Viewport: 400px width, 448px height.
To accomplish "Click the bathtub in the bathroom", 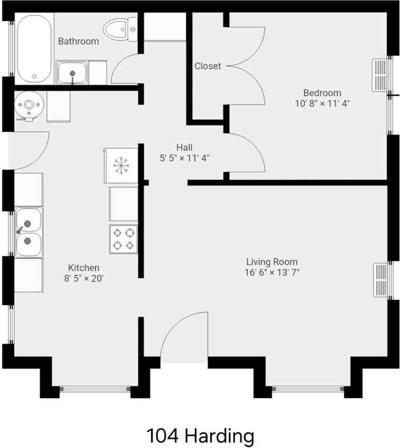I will (34, 49).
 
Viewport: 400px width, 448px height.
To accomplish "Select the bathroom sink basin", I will (72, 73).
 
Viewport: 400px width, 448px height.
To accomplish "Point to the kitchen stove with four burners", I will (123, 238).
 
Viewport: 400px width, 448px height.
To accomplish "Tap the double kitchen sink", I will (28, 232).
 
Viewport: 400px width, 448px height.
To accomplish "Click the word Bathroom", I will (79, 41).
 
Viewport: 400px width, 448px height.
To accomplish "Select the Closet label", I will (208, 66).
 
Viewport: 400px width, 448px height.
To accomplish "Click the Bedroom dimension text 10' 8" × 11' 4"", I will (322, 103).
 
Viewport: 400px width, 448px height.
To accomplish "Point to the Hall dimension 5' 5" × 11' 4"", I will (184, 158).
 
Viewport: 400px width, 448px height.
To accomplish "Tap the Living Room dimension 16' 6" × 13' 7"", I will (272, 272).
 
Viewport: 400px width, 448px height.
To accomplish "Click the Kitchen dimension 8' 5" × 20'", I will (84, 278).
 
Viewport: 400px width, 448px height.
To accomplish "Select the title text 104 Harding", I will (200, 435).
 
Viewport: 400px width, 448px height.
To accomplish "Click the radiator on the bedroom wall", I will (380, 75).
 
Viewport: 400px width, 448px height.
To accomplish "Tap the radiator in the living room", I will (381, 280).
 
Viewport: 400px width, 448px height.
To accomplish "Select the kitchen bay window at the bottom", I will (95, 390).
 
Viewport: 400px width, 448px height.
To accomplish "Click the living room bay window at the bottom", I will (308, 389).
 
